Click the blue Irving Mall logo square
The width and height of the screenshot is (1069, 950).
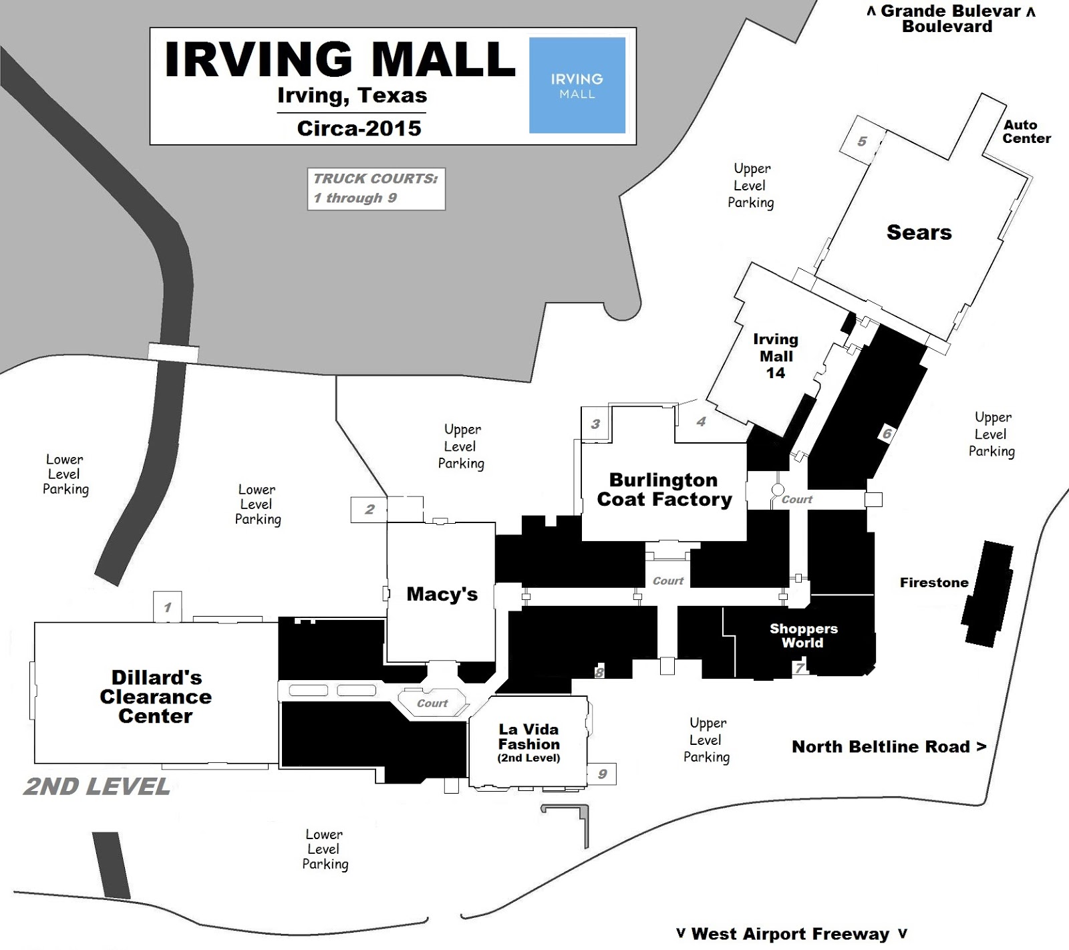click(577, 85)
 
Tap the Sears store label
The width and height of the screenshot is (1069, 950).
click(919, 232)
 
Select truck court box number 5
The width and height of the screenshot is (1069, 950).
click(861, 141)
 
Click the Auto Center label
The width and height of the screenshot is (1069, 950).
click(1026, 132)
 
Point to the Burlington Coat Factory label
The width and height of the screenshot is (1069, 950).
click(664, 490)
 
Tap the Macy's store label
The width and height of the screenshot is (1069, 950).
click(442, 594)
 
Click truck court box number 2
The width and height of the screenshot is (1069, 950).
click(369, 510)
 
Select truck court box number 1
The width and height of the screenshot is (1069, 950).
click(167, 607)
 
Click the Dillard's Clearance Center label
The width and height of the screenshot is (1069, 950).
click(156, 697)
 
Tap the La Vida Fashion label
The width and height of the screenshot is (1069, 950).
click(528, 742)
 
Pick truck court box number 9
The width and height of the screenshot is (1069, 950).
click(602, 774)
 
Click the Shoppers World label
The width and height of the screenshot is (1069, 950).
click(802, 635)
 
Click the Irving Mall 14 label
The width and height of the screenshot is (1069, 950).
click(775, 356)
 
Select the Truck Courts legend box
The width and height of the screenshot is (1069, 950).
click(375, 189)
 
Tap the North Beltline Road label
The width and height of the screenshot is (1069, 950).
click(888, 747)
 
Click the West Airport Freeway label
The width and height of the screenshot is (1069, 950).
click(790, 933)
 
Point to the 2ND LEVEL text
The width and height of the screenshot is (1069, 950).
click(97, 786)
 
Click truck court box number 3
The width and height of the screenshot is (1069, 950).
click(595, 424)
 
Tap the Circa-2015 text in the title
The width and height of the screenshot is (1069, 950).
click(359, 128)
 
